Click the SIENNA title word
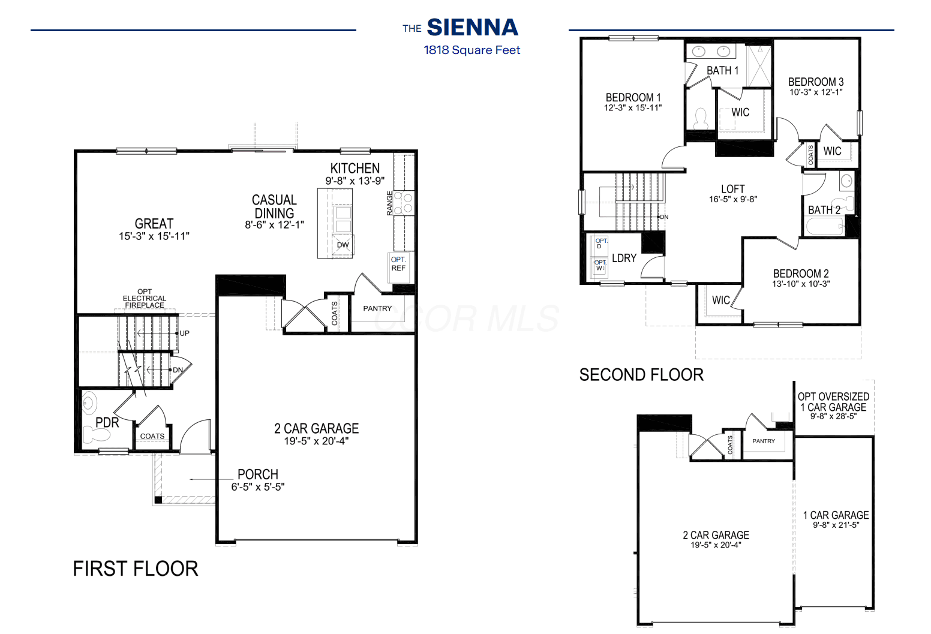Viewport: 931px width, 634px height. pos(473,28)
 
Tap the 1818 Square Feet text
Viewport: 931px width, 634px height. pos(471,50)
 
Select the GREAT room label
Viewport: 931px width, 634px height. pos(154,224)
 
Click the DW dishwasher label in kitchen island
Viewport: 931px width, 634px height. pos(343,245)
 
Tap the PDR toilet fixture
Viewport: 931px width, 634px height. pos(97,435)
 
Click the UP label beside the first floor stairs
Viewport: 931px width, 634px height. pos(185,333)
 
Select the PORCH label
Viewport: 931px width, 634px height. pos(258,474)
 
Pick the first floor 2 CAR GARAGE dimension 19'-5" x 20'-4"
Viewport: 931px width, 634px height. pos(316,441)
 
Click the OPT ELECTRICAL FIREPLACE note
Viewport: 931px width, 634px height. pos(144,298)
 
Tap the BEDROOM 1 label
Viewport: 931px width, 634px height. pos(633,98)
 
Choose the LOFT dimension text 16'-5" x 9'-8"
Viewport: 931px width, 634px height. pos(733,199)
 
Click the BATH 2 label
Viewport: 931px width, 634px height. pos(824,210)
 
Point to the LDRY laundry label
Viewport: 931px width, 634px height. pos(624,259)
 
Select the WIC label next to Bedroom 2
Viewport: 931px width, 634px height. pos(720,300)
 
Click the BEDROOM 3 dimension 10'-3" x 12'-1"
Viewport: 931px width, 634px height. pos(816,92)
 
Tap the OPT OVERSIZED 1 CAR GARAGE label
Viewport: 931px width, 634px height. pos(833,402)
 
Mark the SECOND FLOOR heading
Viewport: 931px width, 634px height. pos(641,375)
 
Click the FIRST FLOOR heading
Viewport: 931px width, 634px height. pos(136,569)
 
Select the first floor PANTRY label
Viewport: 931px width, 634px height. pos(377,308)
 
